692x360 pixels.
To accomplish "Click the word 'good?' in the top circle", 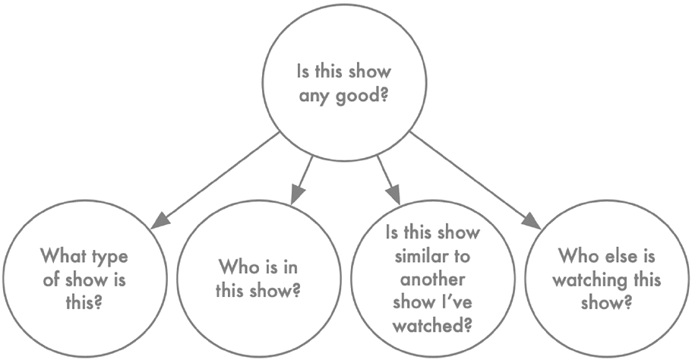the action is (x=362, y=95).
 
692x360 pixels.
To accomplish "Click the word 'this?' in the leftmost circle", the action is (x=84, y=302).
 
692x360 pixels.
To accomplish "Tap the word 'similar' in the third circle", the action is (x=419, y=256).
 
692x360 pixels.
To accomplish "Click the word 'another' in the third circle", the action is (x=432, y=279).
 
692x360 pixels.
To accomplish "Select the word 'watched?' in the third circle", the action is (x=432, y=326).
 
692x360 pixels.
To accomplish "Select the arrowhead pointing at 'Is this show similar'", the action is (x=393, y=195).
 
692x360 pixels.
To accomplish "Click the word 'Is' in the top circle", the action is (x=303, y=72).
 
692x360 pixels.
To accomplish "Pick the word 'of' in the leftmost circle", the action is (x=52, y=279).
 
